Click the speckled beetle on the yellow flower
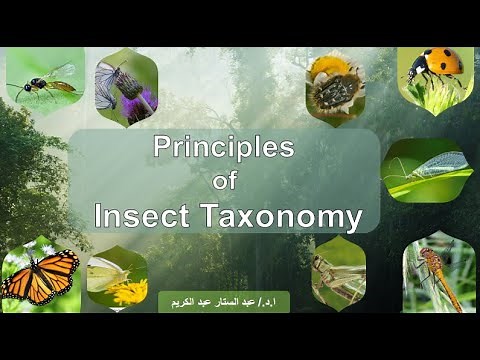point(336,88)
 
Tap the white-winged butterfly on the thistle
point(109,86)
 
